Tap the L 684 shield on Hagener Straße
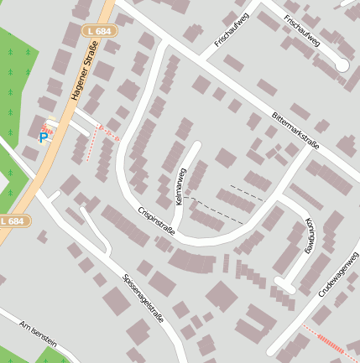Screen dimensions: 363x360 coord(100,31)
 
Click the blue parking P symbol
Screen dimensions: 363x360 coord(44,137)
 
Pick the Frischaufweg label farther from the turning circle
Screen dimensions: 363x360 coord(232,29)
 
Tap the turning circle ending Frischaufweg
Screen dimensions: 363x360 coord(342,65)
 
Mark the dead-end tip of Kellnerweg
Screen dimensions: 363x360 coord(199,144)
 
